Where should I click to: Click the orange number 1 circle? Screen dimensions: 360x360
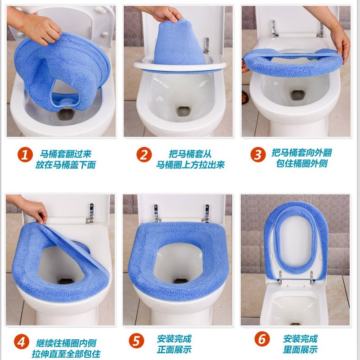[x=25, y=154]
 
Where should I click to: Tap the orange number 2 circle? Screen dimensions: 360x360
[x=144, y=154]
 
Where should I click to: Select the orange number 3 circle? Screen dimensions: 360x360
[x=258, y=154]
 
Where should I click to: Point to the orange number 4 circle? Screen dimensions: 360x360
[x=22, y=342]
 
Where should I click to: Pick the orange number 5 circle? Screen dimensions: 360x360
[x=136, y=340]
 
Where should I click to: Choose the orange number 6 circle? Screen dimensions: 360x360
[x=262, y=339]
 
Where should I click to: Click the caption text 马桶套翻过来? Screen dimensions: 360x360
[x=66, y=154]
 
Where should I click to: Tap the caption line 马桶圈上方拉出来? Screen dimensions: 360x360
[x=190, y=165]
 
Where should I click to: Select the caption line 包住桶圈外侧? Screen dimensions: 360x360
[x=301, y=163]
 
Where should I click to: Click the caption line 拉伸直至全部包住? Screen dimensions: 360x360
[x=66, y=354]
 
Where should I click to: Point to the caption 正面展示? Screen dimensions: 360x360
[x=174, y=350]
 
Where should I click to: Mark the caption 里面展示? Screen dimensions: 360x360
[x=300, y=350]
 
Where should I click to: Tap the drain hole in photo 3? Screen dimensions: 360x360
[x=297, y=95]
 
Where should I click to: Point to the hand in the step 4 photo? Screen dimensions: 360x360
[x=30, y=208]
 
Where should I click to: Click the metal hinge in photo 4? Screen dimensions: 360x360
[x=91, y=213]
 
